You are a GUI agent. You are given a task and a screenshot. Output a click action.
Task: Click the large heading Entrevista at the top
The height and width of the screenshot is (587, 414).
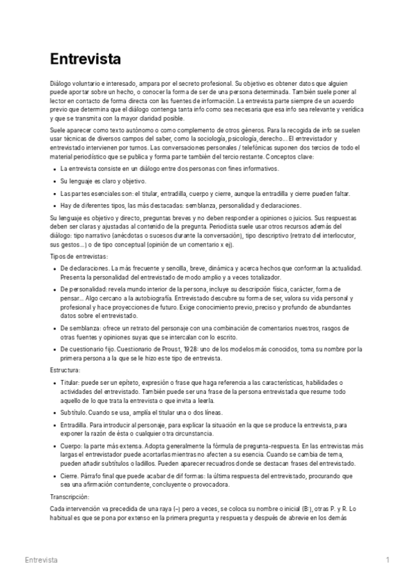pos(86,58)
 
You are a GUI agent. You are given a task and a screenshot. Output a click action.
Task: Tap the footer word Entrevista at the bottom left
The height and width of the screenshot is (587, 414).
pos(41,559)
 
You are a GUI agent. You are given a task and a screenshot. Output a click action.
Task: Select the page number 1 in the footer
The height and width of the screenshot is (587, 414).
pos(388,559)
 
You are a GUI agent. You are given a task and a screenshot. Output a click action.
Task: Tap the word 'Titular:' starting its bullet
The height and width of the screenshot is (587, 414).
pos(71,383)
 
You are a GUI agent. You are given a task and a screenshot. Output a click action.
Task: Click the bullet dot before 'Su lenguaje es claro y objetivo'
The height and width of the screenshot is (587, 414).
pos(54,181)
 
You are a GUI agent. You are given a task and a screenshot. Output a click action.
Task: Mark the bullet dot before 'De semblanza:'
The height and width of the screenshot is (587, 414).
pos(54,327)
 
